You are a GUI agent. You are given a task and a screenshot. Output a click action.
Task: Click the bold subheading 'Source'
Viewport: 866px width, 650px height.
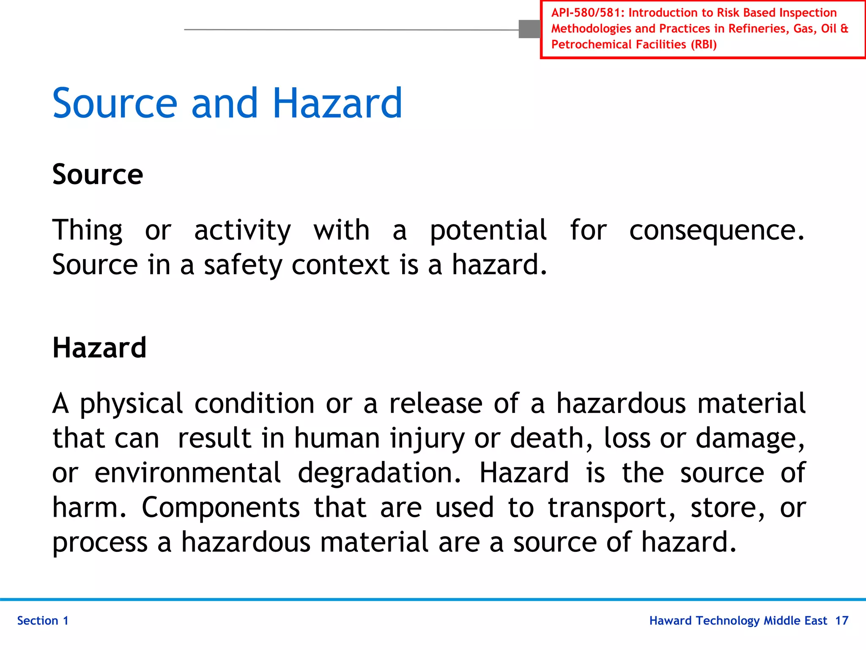98,174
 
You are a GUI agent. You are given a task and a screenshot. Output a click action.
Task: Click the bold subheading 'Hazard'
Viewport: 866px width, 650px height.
99,348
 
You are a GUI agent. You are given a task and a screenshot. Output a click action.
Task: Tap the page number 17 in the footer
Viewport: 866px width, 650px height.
841,620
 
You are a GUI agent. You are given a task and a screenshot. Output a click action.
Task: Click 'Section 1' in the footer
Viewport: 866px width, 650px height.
43,620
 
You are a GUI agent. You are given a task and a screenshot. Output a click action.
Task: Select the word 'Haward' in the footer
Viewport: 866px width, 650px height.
670,620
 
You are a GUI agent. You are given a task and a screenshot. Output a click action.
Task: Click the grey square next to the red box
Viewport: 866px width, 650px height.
529,29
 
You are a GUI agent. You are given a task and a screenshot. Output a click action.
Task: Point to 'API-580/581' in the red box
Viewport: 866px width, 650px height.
587,13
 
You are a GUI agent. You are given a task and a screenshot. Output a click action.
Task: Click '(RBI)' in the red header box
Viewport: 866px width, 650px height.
704,44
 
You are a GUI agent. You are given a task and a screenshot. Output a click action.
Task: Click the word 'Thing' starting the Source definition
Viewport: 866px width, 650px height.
88,231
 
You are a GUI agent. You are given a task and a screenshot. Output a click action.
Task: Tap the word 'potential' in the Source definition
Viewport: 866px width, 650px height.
488,231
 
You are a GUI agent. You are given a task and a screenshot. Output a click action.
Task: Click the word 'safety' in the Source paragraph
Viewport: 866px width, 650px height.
243,265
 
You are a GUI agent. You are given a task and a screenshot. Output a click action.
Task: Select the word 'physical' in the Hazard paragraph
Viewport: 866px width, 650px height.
131,404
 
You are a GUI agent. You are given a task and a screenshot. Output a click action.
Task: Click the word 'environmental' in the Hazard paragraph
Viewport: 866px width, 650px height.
187,473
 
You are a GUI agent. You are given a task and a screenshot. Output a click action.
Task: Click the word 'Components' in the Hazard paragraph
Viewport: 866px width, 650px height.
220,507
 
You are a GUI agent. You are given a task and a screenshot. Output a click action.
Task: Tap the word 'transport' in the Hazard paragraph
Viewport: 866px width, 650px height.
608,508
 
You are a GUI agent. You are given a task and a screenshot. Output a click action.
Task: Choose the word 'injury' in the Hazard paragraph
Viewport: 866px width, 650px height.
427,439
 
